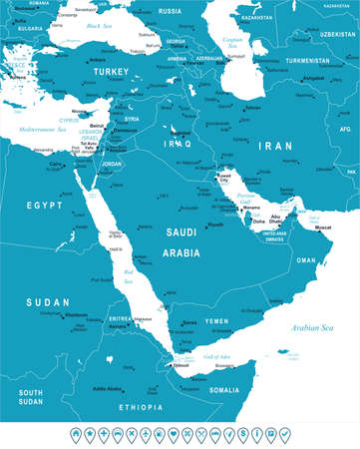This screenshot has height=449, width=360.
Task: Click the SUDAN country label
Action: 47,301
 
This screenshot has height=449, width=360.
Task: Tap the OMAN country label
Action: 305,260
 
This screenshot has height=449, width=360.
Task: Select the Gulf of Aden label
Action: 217,356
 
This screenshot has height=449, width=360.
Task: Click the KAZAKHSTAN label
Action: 255,18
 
